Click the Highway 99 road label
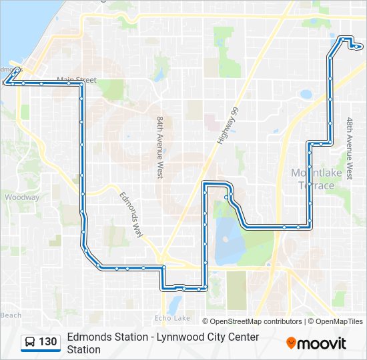(228, 127)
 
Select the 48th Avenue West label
(350, 148)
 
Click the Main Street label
(77, 80)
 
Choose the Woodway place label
(21, 197)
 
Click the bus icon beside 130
(30, 343)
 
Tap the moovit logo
(317, 343)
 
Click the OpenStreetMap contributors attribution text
(252, 321)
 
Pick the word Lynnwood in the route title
(179, 337)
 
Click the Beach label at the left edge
(11, 315)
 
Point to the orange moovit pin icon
(291, 343)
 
